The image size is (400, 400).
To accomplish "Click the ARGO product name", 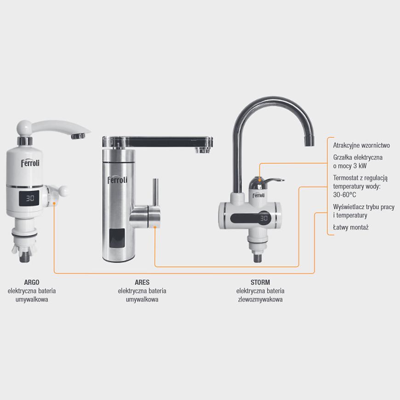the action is [32, 282].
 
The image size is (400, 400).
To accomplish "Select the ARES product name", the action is [142, 282].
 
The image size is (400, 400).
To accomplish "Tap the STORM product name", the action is [260, 282].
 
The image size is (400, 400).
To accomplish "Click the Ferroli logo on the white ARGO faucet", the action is [30, 163].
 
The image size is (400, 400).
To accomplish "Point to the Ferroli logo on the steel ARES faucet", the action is [117, 180].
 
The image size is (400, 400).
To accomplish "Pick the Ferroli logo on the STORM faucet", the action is [258, 195].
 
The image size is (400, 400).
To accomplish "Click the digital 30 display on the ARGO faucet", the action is [30, 198].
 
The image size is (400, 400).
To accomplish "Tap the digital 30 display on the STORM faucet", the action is [264, 218].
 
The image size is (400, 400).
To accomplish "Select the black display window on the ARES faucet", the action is [117, 238].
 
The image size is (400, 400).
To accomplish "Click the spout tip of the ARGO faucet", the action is [78, 136].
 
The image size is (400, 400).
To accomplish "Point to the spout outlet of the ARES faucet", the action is [203, 150].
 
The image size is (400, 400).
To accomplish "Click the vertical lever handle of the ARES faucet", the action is [155, 192].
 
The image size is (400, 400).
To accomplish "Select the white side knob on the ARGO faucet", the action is [63, 191].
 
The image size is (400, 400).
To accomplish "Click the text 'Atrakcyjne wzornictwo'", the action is [361, 145].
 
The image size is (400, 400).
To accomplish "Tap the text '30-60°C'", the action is [344, 194].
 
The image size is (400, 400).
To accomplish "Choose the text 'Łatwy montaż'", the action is [351, 227].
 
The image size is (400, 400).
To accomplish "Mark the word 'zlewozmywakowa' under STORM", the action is [260, 299].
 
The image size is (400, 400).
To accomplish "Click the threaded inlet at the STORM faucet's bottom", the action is [257, 257].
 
